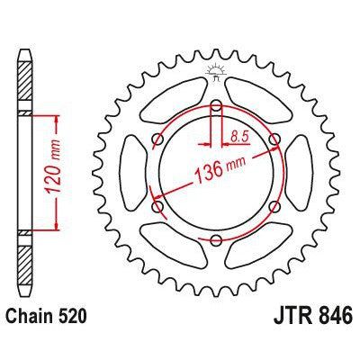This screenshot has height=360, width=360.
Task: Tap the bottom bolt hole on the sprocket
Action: (217, 240)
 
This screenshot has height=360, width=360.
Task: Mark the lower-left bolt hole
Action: (158, 207)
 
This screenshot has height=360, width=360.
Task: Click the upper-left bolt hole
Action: (158, 139)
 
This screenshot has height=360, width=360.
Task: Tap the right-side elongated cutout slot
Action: (304, 173)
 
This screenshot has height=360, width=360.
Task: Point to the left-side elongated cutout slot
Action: (130, 173)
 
